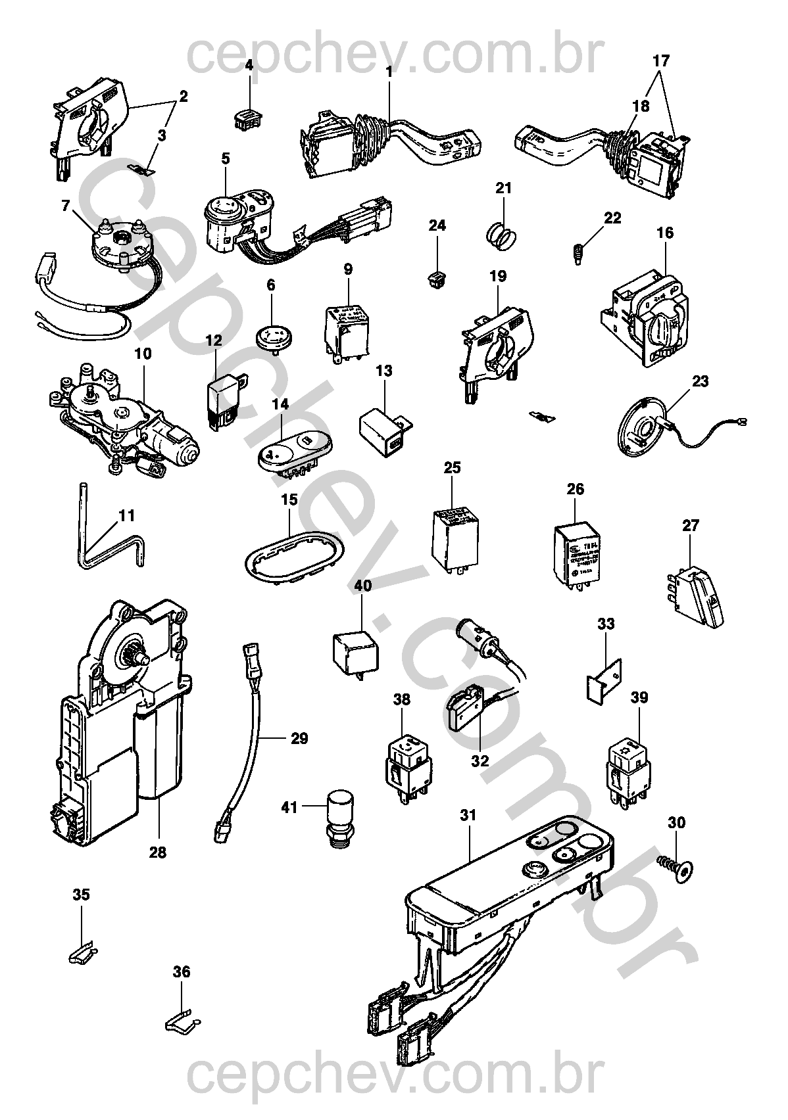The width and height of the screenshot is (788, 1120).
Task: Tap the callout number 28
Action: pyautogui.click(x=158, y=852)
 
